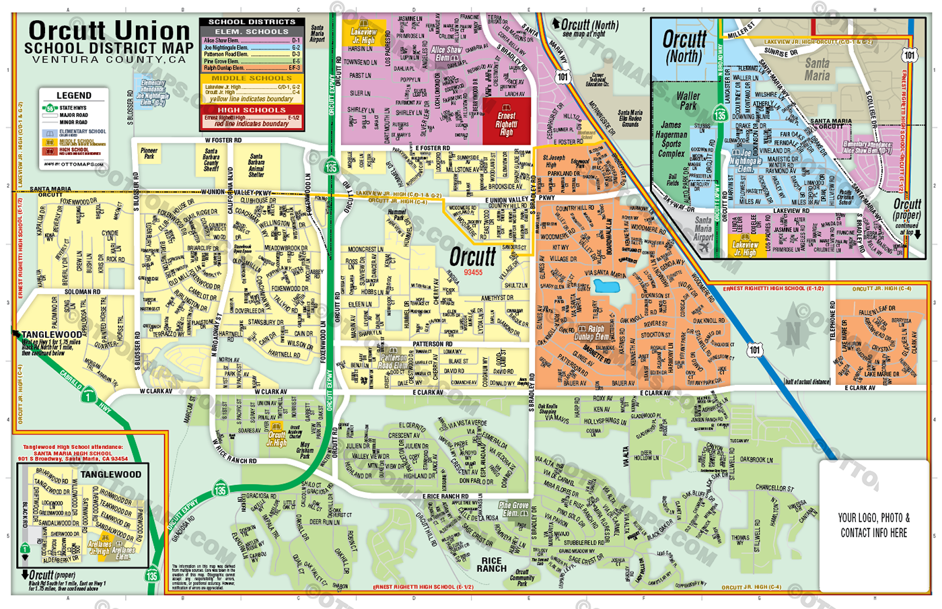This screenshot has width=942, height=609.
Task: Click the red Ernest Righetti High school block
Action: [x=506, y=121]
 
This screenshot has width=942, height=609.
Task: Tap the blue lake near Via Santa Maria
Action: [x=607, y=287]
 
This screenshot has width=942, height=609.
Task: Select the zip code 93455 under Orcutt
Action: [x=473, y=273]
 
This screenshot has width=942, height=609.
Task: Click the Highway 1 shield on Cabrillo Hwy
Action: [x=87, y=396]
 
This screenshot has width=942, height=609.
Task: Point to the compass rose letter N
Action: [x=794, y=332]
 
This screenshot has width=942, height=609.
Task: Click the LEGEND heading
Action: [x=74, y=96]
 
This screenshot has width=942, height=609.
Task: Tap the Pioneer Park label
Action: [x=149, y=154]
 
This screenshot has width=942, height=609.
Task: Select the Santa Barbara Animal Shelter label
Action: [x=256, y=165]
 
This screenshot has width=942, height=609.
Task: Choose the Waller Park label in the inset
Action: [x=688, y=101]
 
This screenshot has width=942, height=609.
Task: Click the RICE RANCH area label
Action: [x=491, y=565]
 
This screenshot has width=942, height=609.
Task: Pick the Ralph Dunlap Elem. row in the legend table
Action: [x=252, y=68]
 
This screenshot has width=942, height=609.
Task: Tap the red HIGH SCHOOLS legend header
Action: [x=252, y=110]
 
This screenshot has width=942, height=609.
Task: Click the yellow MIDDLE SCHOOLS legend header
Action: [x=252, y=79]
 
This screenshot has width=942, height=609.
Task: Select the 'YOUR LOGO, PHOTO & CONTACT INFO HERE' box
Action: [x=873, y=525]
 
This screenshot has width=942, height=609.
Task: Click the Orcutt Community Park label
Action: [x=522, y=577]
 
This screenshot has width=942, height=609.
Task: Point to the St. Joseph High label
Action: [x=554, y=162]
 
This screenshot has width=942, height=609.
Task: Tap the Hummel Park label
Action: [x=397, y=215]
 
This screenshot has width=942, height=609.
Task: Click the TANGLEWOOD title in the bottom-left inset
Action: [x=111, y=474]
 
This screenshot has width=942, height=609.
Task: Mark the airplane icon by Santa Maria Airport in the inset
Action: [x=704, y=246]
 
